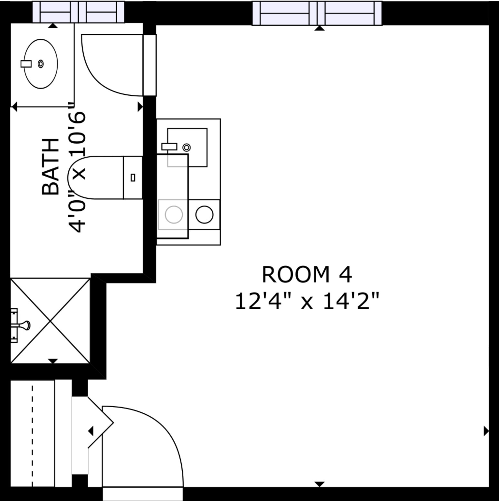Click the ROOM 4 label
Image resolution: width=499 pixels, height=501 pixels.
pos(307,275)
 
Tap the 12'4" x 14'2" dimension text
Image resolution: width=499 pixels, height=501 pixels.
pos(307,301)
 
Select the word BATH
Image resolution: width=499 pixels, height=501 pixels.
pos(51,167)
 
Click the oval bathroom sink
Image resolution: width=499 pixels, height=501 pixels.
pos(41,64)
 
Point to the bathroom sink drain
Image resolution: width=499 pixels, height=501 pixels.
pos(41,64)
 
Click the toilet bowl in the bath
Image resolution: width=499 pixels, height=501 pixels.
pos(96,178)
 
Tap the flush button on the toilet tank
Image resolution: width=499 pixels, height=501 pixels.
pos(133,178)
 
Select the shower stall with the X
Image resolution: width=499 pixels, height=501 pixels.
pos(50,321)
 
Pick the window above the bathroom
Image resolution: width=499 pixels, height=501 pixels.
pos(78,12)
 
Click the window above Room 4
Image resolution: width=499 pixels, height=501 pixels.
pos(317,13)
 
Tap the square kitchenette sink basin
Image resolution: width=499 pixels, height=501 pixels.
pos(187,148)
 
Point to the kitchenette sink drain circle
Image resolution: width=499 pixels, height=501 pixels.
pos(187,148)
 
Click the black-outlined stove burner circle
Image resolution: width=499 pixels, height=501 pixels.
pos(204,215)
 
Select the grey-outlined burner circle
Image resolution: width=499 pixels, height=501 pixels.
pos(174,215)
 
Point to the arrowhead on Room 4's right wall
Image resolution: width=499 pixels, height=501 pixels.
pos(486,431)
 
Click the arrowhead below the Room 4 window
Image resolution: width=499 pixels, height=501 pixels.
pos(319,28)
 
